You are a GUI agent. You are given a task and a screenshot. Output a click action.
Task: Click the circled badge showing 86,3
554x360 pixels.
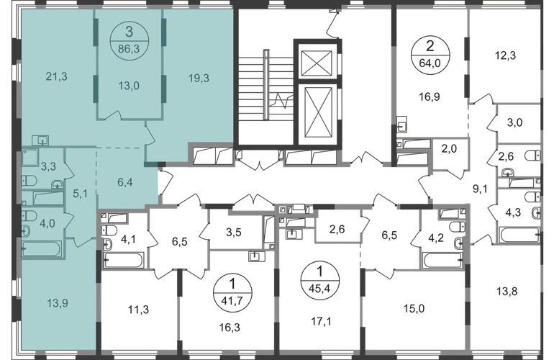tap(129, 39)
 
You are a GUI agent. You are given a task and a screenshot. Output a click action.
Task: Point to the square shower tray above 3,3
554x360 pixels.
tap(31, 157)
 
